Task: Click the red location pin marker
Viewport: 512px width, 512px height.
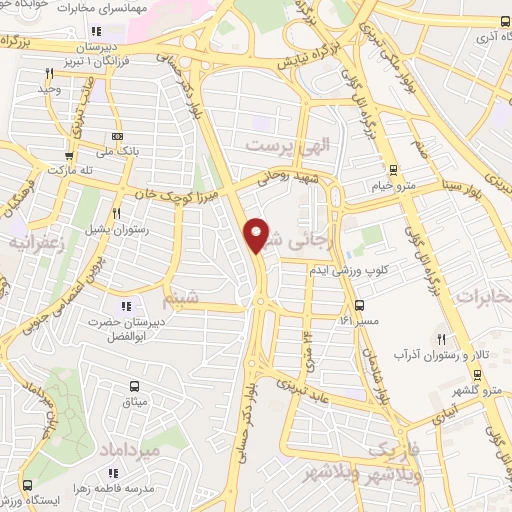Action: click(x=257, y=235)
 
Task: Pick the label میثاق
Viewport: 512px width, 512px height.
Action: click(x=133, y=400)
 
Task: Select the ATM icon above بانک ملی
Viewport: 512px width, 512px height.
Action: click(x=119, y=136)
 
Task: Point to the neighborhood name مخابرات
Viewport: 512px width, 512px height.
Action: click(x=482, y=297)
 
